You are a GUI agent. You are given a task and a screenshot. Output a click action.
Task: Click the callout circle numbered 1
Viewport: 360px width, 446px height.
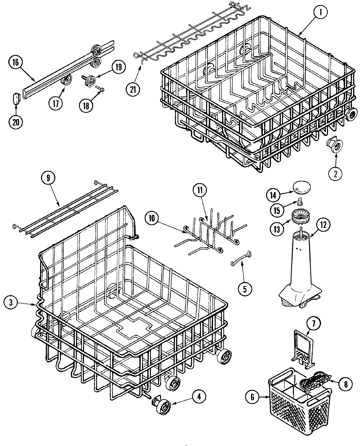tap(321, 12)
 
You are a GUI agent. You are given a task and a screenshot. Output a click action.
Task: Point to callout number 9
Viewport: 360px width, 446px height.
tap(48, 178)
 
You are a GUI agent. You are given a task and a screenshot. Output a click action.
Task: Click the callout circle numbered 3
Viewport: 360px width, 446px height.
tap(11, 303)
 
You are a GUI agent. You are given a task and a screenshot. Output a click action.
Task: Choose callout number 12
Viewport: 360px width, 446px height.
tap(323, 225)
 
